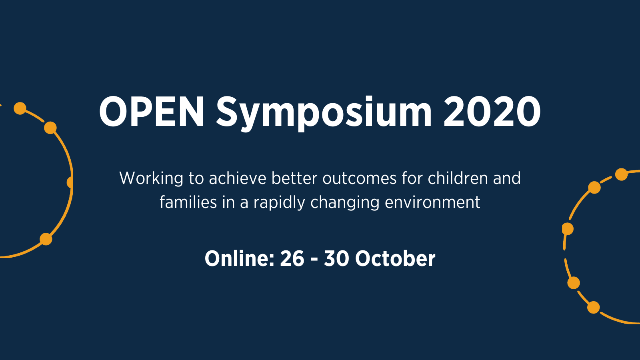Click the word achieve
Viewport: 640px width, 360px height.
click(238, 178)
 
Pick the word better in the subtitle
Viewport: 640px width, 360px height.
click(294, 178)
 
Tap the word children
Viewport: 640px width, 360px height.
click(458, 178)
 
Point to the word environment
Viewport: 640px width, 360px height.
click(432, 202)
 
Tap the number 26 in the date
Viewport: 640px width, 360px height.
click(292, 259)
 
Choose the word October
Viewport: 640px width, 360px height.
click(395, 259)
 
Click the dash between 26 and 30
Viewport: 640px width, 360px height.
click(314, 260)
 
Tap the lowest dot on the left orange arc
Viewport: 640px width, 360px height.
click(46, 239)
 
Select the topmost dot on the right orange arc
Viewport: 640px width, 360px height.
click(621, 174)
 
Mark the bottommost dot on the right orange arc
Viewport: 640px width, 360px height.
click(594, 307)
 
